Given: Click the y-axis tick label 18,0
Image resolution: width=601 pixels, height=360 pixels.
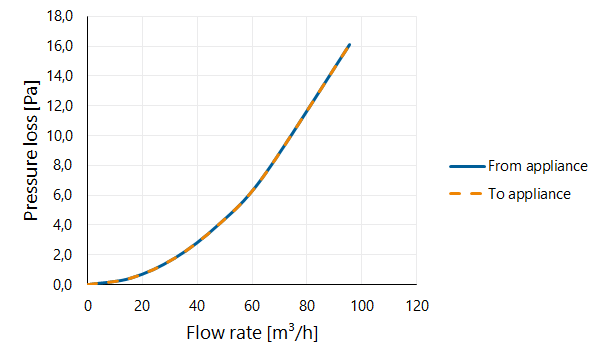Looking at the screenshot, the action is (59, 16).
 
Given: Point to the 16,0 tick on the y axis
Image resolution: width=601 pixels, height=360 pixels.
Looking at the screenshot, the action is (59, 46).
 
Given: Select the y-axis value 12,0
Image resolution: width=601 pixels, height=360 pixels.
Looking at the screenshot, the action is (59, 106).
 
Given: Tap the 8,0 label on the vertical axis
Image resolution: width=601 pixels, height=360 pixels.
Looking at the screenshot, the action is (63, 165).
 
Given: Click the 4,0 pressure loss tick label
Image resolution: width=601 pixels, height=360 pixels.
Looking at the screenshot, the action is (63, 225).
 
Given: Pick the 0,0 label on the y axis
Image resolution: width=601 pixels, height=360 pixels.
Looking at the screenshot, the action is (63, 285).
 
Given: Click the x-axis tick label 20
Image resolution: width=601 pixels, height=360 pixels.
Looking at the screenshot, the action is (142, 306).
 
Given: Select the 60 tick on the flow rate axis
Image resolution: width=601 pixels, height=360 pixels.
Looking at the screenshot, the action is (252, 306).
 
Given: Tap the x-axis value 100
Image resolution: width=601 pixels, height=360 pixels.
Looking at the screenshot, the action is (362, 306).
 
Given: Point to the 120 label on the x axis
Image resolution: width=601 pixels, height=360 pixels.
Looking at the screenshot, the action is (417, 306).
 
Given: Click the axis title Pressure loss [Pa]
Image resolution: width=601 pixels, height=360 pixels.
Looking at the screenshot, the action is (31, 150).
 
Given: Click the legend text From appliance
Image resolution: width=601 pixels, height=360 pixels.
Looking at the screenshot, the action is (538, 166).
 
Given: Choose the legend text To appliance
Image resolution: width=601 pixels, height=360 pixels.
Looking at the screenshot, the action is (529, 194).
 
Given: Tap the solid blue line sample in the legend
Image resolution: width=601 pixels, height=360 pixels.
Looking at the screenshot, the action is (467, 166).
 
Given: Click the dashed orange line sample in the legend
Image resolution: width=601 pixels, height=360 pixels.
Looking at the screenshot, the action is (465, 194).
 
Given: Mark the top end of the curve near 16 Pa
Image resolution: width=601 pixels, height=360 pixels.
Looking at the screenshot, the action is (350, 45).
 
